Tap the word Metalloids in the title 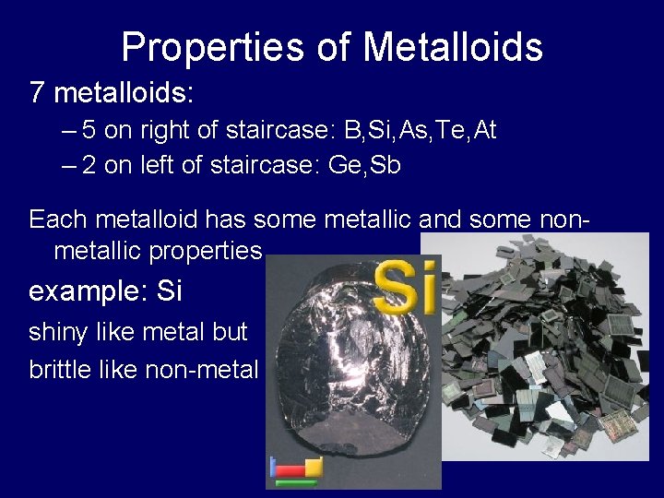(x=452, y=47)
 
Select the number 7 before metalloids (x=37, y=93)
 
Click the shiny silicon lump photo (x=337, y=369)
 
